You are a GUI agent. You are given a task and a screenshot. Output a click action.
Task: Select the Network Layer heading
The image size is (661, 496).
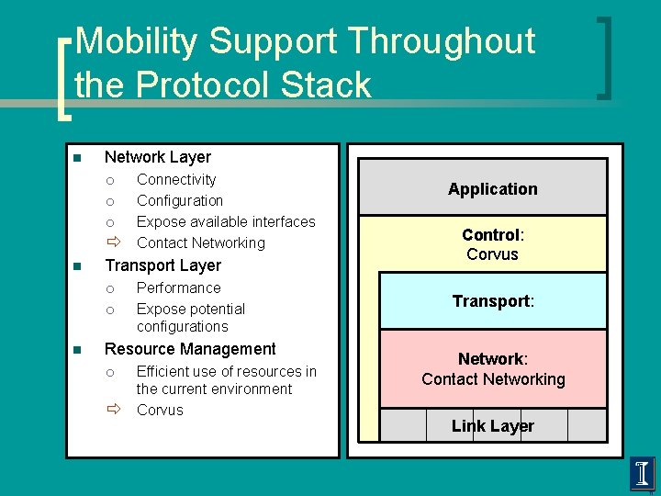158,157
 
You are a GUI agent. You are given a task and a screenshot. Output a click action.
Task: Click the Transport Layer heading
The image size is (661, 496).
162,265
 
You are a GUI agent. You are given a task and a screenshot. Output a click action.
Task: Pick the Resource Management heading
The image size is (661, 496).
190,349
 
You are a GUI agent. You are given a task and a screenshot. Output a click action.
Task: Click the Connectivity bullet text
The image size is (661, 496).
176,179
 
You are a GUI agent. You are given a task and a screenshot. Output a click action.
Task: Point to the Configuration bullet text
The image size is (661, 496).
180,200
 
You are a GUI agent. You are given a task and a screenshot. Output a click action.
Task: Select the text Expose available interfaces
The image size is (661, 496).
226,221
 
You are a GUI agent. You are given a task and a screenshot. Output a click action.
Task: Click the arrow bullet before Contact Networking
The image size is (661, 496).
112,242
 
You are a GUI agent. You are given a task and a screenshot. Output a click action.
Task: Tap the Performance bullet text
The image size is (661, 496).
178,287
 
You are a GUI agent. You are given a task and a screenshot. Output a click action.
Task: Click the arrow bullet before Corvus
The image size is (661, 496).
112,410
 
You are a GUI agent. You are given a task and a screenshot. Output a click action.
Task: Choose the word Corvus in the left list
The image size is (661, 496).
160,410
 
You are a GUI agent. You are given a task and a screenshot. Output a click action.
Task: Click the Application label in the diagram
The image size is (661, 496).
493,189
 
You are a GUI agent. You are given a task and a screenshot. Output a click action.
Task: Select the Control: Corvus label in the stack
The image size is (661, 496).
493,244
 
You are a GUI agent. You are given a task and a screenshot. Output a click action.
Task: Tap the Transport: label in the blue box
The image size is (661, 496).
493,301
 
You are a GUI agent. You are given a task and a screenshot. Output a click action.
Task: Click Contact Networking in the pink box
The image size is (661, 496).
493,378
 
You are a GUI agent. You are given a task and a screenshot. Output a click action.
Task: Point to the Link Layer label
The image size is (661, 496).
493,425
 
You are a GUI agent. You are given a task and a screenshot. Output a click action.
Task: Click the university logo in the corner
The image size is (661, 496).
643,473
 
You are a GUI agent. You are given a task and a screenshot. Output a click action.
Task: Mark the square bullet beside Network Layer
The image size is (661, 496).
78,158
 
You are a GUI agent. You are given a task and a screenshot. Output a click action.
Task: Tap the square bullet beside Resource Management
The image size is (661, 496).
78,350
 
